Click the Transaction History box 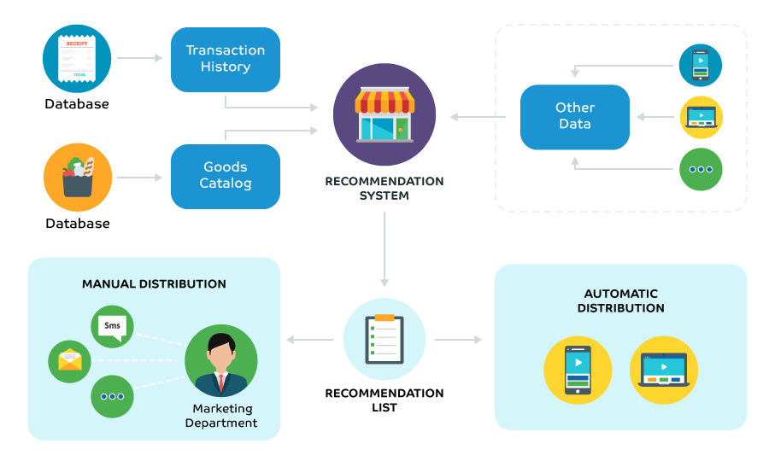point(226,59)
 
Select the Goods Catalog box point(226,176)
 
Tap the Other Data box point(575,117)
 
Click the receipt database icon point(77,58)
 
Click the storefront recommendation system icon point(384,114)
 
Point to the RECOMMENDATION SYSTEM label point(384,188)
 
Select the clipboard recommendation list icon point(384,339)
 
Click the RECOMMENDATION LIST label point(384,400)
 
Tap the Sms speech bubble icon point(112,326)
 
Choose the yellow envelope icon point(69,360)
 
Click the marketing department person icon point(220,360)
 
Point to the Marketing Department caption point(220,416)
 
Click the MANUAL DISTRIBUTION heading point(154,283)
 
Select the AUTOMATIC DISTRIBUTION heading point(620,301)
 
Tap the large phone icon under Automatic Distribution point(578,370)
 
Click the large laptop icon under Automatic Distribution point(664,370)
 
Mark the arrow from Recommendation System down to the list point(384,248)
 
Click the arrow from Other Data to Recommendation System point(478,117)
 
